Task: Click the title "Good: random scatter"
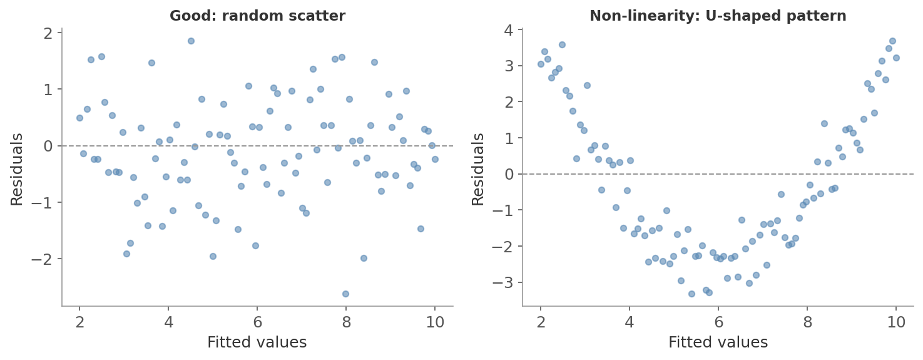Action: [257, 16]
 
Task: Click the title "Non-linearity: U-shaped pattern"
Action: [718, 16]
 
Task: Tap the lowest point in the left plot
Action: [345, 294]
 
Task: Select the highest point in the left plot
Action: [191, 41]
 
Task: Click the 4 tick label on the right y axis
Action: [509, 29]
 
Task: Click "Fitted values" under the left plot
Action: [257, 342]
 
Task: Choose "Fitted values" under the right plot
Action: [718, 342]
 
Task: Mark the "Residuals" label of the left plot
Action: [17, 169]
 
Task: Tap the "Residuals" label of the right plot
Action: [478, 169]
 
